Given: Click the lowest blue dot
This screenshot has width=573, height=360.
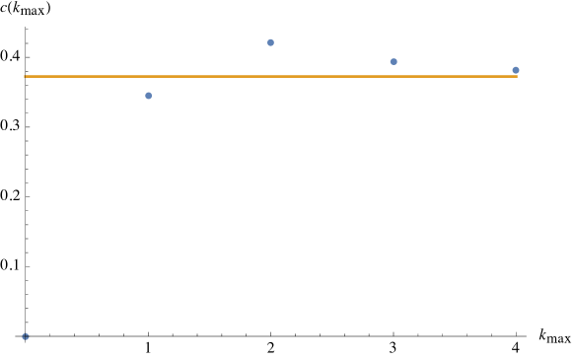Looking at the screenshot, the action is pyautogui.click(x=26, y=336).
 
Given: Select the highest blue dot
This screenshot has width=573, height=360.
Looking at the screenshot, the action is pyautogui.click(x=270, y=42).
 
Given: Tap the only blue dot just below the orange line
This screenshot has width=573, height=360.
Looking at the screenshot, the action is pyautogui.click(x=149, y=96).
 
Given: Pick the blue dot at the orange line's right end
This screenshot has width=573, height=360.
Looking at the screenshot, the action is pyautogui.click(x=516, y=70).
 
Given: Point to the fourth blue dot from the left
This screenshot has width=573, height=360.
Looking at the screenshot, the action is pyautogui.click(x=394, y=61).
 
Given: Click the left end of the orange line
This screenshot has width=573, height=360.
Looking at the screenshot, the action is pyautogui.click(x=25, y=76).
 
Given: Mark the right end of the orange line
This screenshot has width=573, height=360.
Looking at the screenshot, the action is pyautogui.click(x=517, y=76).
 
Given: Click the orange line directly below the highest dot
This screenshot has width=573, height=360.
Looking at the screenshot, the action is pyautogui.click(x=270, y=76).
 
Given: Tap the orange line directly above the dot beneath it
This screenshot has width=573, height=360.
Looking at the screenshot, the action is pyautogui.click(x=149, y=76).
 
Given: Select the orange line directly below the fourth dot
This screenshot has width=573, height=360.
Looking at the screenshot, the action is pyautogui.click(x=394, y=76).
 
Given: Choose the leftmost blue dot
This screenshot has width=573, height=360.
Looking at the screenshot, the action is pyautogui.click(x=26, y=336).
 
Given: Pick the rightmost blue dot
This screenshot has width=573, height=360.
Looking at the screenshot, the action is pyautogui.click(x=516, y=70).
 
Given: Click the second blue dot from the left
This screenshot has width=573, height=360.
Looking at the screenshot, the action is pyautogui.click(x=149, y=96).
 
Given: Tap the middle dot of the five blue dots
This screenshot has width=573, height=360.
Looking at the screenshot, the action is pyautogui.click(x=270, y=42).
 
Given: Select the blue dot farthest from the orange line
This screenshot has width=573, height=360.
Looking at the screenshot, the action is pyautogui.click(x=26, y=336).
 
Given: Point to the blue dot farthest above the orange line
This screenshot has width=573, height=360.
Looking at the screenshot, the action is pyautogui.click(x=270, y=42).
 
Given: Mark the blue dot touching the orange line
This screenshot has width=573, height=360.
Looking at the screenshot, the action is pyautogui.click(x=516, y=70).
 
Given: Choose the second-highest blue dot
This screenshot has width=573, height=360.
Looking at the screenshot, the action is pyautogui.click(x=394, y=61).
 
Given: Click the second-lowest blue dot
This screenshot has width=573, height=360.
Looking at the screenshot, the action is pyautogui.click(x=149, y=96).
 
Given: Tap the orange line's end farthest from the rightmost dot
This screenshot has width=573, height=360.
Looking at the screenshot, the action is pyautogui.click(x=25, y=76).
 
